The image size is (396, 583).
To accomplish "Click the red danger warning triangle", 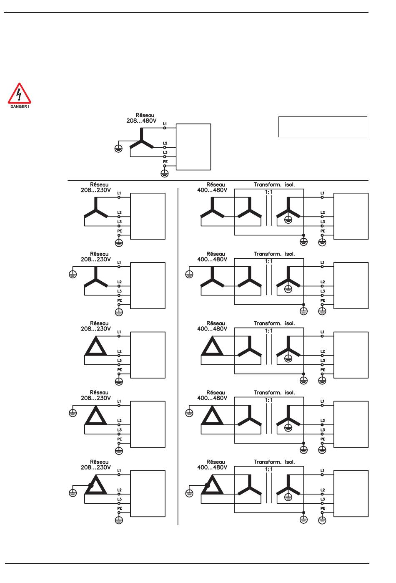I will (19, 94).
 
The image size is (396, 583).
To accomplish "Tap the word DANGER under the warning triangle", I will (19, 107).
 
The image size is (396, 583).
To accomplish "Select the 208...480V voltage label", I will (141, 121).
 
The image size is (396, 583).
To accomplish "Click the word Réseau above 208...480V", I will (145, 115).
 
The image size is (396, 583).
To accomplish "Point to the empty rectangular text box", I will (323, 127).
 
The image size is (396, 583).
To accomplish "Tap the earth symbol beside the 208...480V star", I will (118, 148).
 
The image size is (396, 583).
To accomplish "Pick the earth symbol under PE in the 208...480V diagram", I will (165, 173).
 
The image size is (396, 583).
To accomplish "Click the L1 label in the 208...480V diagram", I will (165, 124).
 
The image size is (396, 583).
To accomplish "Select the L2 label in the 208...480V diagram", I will (165, 144).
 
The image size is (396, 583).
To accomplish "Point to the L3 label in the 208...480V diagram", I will (165, 153).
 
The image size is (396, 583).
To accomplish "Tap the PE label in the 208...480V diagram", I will (165, 162).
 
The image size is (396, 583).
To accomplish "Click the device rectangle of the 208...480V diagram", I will (193, 147).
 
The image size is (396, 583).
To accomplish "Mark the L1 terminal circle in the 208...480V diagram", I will (165, 128).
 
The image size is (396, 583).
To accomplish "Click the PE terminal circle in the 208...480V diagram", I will (165, 166).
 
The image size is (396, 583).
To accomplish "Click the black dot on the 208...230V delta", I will (90, 485).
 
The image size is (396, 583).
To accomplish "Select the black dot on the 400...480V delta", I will (207, 485).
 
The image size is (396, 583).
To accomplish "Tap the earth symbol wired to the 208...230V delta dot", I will (73, 493).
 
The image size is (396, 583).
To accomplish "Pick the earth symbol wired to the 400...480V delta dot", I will (189, 493).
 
